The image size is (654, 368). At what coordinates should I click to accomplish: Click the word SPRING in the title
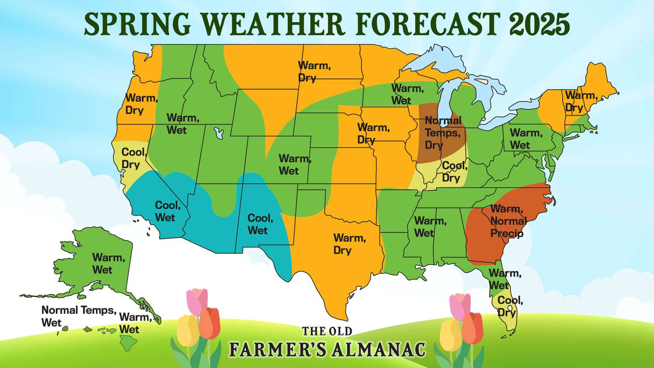[x=137, y=24]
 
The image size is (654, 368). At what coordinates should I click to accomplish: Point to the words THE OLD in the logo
[x=327, y=331]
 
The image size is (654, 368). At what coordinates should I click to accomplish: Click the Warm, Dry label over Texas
[x=349, y=244]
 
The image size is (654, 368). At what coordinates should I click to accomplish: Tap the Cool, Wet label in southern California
[x=167, y=211]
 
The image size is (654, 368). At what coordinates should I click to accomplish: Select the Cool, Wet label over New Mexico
[x=260, y=224]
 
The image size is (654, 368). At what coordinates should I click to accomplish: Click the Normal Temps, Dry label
[x=442, y=133]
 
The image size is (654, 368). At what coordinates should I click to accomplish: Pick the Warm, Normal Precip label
[x=508, y=221]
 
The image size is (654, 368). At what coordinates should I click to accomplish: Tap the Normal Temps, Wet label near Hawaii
[x=78, y=316]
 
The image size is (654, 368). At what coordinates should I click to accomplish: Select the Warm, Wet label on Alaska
[x=108, y=263]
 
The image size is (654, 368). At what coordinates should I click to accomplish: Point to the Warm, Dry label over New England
[x=580, y=101]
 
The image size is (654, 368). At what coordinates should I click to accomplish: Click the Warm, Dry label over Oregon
[x=141, y=104]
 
